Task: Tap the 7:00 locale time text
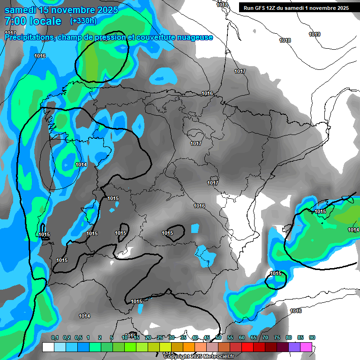point(33,21)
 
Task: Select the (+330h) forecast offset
point(83,21)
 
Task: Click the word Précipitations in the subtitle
point(30,37)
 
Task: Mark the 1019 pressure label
point(315,35)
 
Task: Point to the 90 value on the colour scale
point(312,338)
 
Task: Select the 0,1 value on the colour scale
point(55,338)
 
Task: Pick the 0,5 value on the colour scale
point(78,338)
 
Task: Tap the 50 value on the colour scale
point(218,338)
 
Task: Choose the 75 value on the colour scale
point(277,338)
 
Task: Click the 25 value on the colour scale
point(160,338)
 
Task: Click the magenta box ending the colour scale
point(306,347)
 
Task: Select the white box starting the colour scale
point(48,347)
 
